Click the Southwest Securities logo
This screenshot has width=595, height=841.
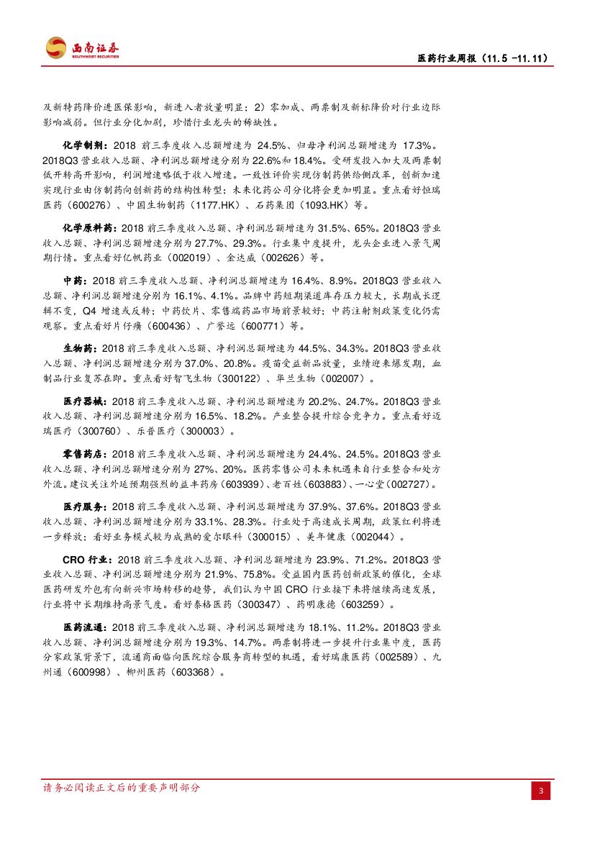point(83,48)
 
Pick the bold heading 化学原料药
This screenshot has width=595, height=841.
point(89,227)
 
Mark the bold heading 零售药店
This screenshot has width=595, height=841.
point(85,454)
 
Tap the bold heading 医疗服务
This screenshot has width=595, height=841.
point(85,506)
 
